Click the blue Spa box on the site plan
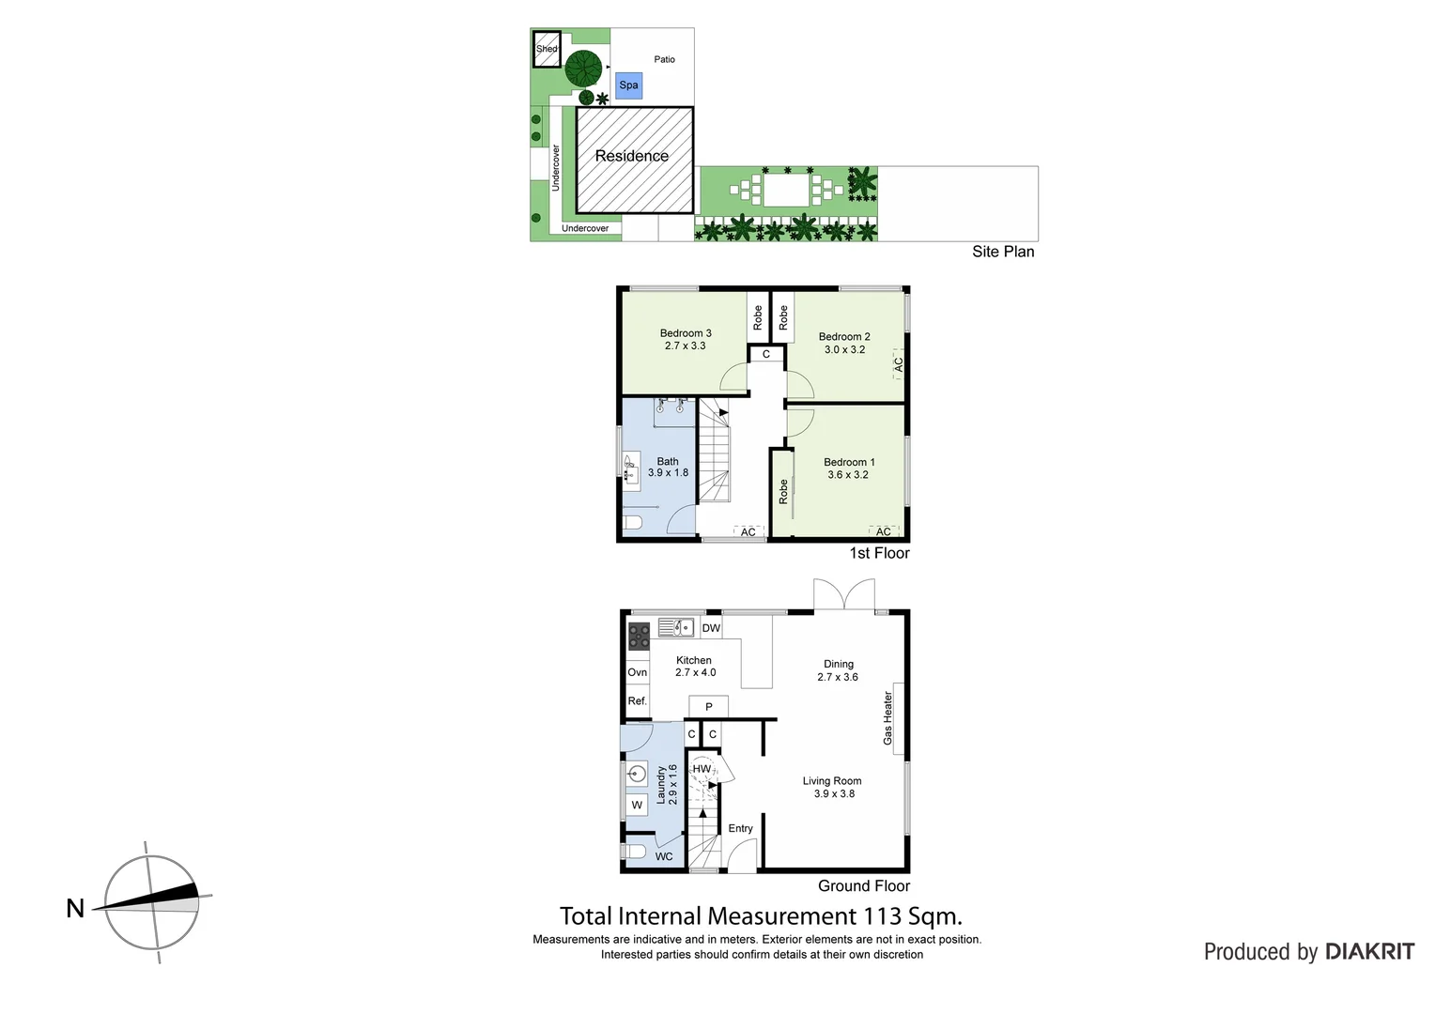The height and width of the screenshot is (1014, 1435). [x=628, y=85]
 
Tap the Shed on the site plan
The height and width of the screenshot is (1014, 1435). [x=547, y=49]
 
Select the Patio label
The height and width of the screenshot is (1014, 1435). [x=664, y=59]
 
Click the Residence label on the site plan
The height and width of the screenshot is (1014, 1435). [x=631, y=156]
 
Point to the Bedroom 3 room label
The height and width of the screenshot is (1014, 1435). [x=686, y=333]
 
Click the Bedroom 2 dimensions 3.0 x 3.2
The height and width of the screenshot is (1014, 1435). [x=844, y=349]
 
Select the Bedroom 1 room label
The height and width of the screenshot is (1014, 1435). [x=849, y=462]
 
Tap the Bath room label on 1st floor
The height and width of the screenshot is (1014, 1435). [x=668, y=461]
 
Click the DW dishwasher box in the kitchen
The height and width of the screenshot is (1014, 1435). [x=711, y=628]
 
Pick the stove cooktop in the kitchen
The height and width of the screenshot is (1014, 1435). [x=639, y=636]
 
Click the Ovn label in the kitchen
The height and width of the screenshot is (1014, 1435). [x=638, y=672]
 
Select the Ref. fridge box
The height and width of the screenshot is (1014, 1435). [x=638, y=700]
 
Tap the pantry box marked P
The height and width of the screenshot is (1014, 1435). [x=708, y=707]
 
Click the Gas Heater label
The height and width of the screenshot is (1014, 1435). [x=887, y=718]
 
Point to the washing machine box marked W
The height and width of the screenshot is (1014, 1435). [x=637, y=805]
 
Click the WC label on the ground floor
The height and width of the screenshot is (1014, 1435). [x=663, y=856]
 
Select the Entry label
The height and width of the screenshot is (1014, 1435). [x=740, y=828]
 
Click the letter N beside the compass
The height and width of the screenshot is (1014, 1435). [x=75, y=908]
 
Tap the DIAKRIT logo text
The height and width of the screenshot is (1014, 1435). [x=1369, y=951]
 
